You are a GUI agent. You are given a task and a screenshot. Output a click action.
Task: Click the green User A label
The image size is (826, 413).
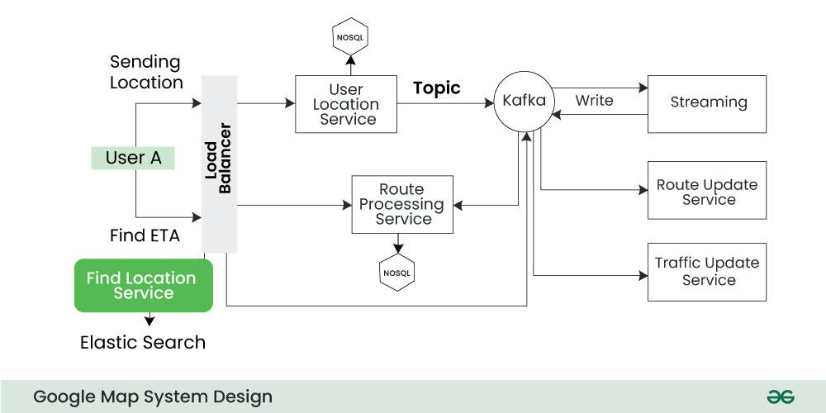[x=133, y=158]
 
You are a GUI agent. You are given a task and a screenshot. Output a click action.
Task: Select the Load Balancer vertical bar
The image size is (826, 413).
[x=219, y=164]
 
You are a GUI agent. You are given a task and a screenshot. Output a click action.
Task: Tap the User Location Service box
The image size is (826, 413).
[x=346, y=104]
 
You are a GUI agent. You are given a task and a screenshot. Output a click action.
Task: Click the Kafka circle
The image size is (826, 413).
[x=524, y=102]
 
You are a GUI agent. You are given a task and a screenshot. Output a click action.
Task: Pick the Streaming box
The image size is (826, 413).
[x=707, y=103]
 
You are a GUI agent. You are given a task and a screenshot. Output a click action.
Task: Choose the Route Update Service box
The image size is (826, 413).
[x=707, y=192]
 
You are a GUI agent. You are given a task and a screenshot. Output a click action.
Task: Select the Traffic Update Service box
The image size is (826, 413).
[x=707, y=271]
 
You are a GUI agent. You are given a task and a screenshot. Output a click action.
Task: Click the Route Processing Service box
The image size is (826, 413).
[x=402, y=204]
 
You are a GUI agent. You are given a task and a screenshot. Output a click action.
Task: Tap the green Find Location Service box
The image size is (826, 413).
[x=144, y=286]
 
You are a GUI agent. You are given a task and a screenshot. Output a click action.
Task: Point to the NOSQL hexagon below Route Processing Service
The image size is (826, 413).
[x=397, y=273]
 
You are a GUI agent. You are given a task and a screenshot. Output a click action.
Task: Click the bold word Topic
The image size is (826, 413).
[x=437, y=88]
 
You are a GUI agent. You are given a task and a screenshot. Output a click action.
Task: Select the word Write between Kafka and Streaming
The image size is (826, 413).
[x=594, y=101]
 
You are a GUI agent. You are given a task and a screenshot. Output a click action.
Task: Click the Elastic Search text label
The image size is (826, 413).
[x=143, y=342]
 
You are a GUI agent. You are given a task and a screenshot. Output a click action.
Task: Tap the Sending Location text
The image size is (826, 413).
[x=146, y=73]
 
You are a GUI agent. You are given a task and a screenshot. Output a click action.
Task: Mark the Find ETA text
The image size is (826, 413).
[x=145, y=235]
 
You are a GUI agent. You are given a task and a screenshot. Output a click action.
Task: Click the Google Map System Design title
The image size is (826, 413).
[x=153, y=396]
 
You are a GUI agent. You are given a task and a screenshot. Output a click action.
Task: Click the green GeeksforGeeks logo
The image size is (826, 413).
[x=780, y=396]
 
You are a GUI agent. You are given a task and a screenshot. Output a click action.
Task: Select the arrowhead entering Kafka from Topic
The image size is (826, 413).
[x=490, y=104]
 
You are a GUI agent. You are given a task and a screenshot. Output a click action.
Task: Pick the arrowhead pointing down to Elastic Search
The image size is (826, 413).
[x=150, y=321]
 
